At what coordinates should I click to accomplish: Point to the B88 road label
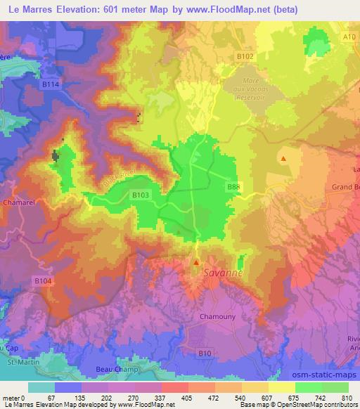coord(234,186)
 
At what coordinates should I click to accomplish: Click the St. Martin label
coord(19,363)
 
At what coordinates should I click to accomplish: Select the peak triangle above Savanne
coord(196,263)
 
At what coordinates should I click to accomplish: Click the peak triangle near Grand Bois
coord(283,159)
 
